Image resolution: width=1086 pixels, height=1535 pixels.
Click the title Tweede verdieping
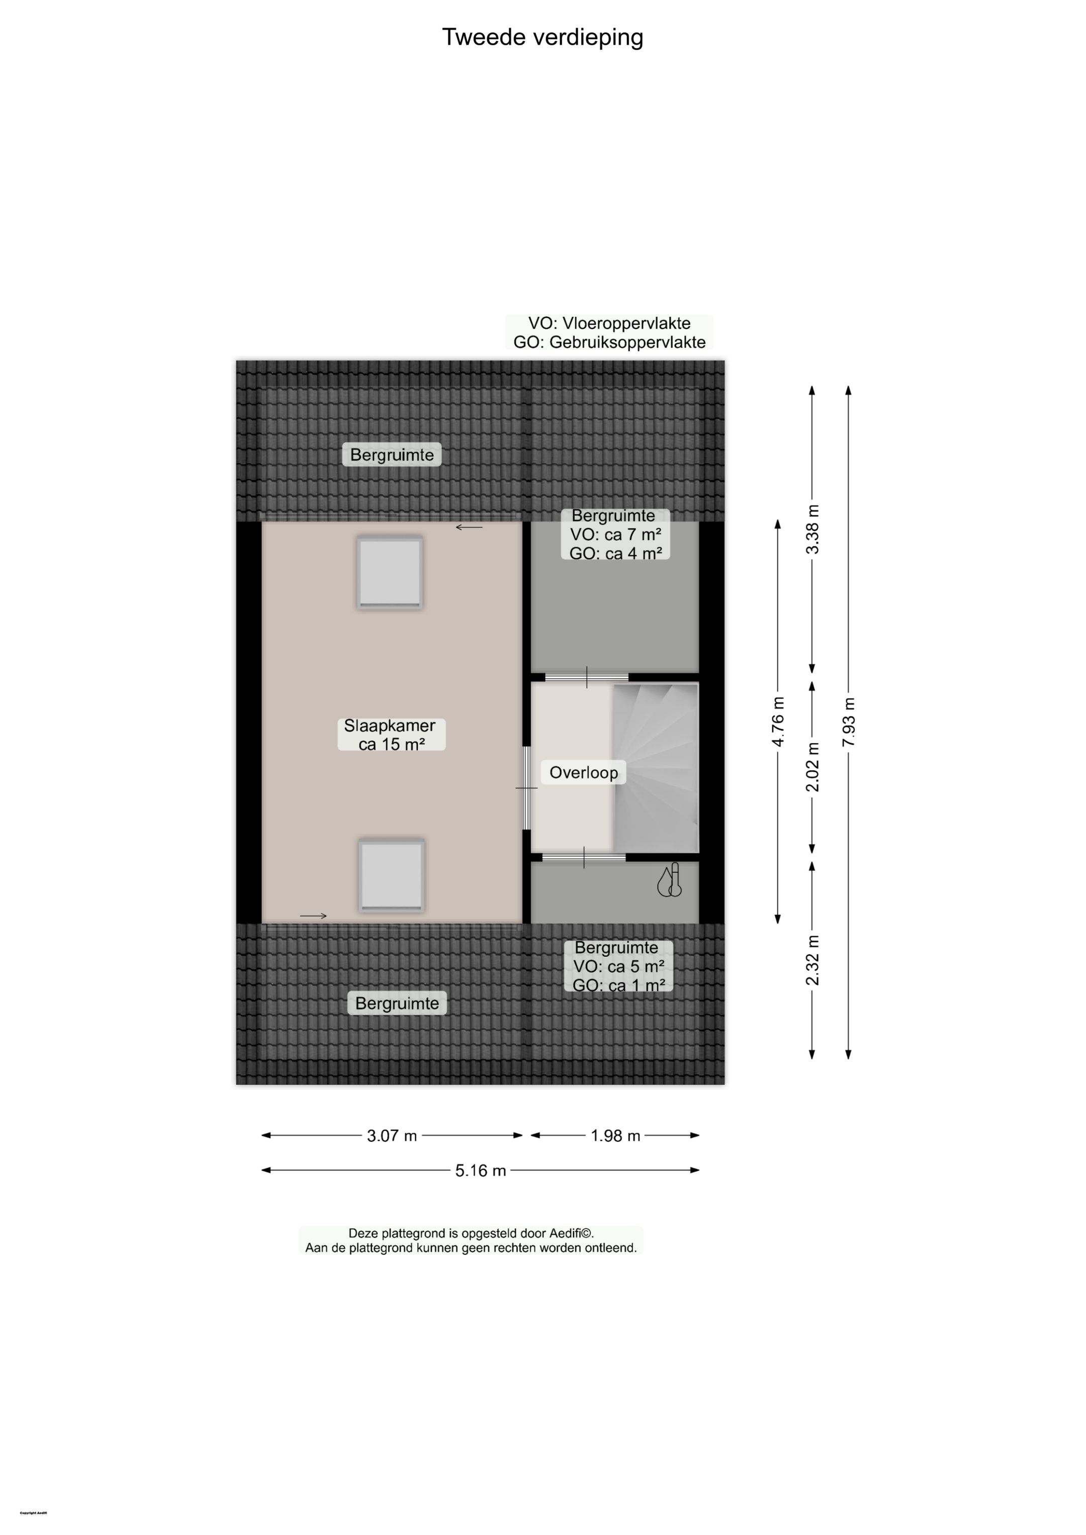click(542, 37)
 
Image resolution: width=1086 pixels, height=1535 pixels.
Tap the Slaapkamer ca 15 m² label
click(391, 734)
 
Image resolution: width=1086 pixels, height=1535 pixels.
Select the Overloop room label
click(583, 772)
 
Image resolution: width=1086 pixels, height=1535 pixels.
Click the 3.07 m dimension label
click(392, 1135)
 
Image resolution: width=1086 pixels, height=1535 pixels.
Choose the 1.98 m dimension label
click(615, 1135)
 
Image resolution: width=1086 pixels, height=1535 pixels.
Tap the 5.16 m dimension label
click(480, 1170)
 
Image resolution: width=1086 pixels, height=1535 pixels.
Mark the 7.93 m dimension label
click(849, 722)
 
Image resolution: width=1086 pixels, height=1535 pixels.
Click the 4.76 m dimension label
click(778, 721)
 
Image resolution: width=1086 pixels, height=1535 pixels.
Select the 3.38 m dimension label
click(812, 529)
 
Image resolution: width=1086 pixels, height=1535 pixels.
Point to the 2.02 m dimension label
click(812, 767)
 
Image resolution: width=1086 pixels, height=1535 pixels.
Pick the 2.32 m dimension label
click(812, 961)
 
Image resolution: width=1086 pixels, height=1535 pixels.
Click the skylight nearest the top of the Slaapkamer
click(390, 572)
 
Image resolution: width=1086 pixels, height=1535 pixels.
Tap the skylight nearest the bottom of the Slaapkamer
click(392, 875)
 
